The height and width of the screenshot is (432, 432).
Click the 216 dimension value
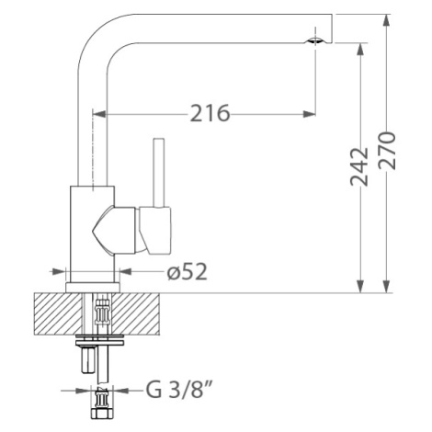(210, 113)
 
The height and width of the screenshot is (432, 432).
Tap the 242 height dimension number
(358, 167)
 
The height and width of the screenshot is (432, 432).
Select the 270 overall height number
(386, 151)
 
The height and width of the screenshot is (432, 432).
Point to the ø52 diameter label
(188, 272)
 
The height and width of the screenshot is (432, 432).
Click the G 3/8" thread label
(179, 390)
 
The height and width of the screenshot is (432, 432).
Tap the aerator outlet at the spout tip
(315, 40)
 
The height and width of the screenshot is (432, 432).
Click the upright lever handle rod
(159, 173)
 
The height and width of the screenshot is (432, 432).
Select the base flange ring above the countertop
(93, 288)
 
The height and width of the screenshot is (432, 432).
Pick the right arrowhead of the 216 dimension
(309, 114)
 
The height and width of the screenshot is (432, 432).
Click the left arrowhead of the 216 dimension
(99, 114)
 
